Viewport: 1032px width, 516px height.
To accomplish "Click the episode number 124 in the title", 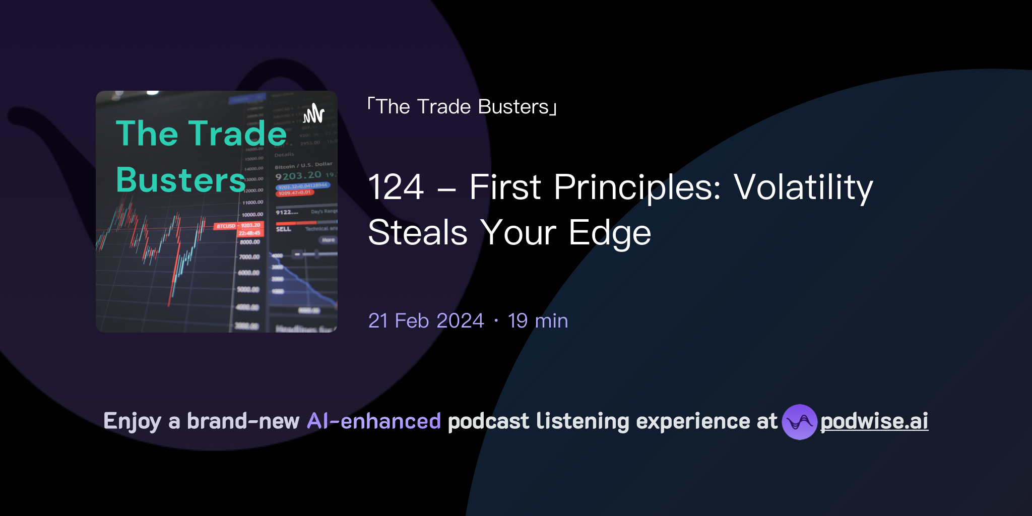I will [396, 187].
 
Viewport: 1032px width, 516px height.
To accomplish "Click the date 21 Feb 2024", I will [426, 321].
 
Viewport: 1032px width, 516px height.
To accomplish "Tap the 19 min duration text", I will [538, 321].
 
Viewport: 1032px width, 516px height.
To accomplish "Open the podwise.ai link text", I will [874, 421].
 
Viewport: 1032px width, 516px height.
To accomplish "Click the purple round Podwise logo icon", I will [799, 422].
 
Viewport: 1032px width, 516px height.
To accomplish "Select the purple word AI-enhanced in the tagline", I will [374, 421].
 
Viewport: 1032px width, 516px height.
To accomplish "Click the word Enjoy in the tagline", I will [132, 421].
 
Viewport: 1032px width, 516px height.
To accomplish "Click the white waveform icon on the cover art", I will [314, 113].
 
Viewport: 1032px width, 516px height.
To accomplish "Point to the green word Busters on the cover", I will [180, 180].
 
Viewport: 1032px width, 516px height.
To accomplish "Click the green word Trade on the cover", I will [237, 134].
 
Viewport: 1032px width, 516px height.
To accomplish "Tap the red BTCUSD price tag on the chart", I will [226, 226].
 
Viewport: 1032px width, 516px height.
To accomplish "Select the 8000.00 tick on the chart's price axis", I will [250, 242].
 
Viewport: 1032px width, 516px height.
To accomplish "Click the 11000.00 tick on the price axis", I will [252, 203].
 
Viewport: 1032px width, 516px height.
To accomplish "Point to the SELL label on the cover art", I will [283, 229].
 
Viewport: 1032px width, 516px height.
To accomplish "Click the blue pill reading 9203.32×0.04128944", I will [303, 186].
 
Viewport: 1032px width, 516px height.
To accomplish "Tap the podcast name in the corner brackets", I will [462, 107].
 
